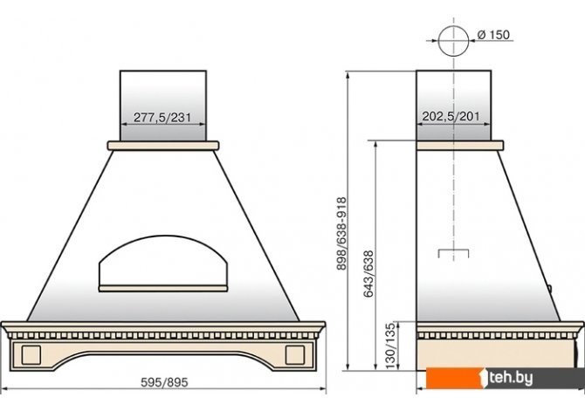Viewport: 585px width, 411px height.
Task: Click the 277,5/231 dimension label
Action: [162, 118]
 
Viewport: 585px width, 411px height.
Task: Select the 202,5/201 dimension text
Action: [451, 116]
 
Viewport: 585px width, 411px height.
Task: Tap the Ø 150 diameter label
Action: [493, 35]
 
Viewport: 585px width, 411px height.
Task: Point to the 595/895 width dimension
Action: [164, 382]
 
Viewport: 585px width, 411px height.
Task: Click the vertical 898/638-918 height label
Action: [341, 234]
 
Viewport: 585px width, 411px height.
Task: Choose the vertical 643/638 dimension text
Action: [368, 274]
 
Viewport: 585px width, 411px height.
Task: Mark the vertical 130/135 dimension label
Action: [390, 346]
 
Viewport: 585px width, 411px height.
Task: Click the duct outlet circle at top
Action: [453, 26]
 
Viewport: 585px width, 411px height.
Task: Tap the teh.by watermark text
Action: [511, 378]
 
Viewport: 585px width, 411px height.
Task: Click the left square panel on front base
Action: [31, 354]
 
